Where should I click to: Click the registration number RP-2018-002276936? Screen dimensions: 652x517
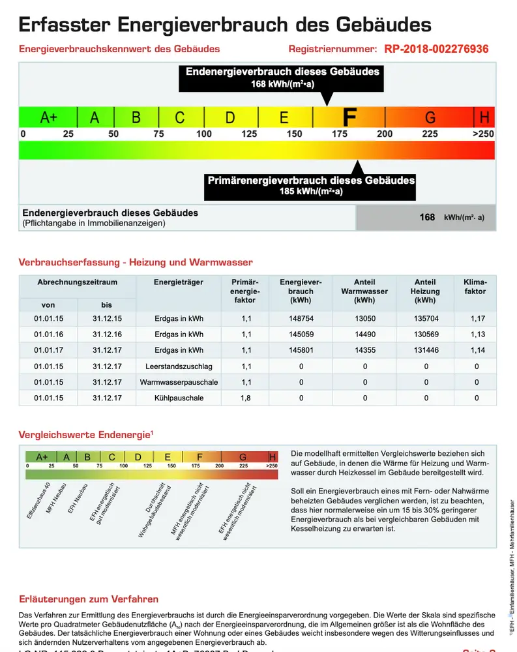click(436, 49)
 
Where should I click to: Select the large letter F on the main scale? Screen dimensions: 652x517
click(349, 117)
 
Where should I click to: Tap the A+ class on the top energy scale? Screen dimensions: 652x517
click(49, 117)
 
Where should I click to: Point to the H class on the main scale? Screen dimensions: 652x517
click(484, 117)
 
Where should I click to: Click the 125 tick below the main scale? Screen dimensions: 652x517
click(248, 134)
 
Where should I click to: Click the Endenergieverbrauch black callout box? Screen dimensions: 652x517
click(282, 77)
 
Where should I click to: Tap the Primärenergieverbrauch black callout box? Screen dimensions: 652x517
click(311, 186)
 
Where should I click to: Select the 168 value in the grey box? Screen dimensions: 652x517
click(427, 218)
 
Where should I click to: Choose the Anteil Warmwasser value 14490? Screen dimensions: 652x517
click(364, 334)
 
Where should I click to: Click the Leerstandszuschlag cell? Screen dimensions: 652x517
click(179, 366)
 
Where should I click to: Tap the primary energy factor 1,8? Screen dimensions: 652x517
click(246, 398)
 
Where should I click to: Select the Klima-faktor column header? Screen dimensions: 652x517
click(475, 287)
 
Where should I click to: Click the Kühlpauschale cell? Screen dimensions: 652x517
click(179, 398)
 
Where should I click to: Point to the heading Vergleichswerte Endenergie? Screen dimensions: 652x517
click(85, 435)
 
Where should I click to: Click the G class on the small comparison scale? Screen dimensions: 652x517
click(243, 456)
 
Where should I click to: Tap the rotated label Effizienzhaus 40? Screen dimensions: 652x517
click(39, 501)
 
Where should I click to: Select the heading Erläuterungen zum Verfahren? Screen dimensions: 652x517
click(88, 599)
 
